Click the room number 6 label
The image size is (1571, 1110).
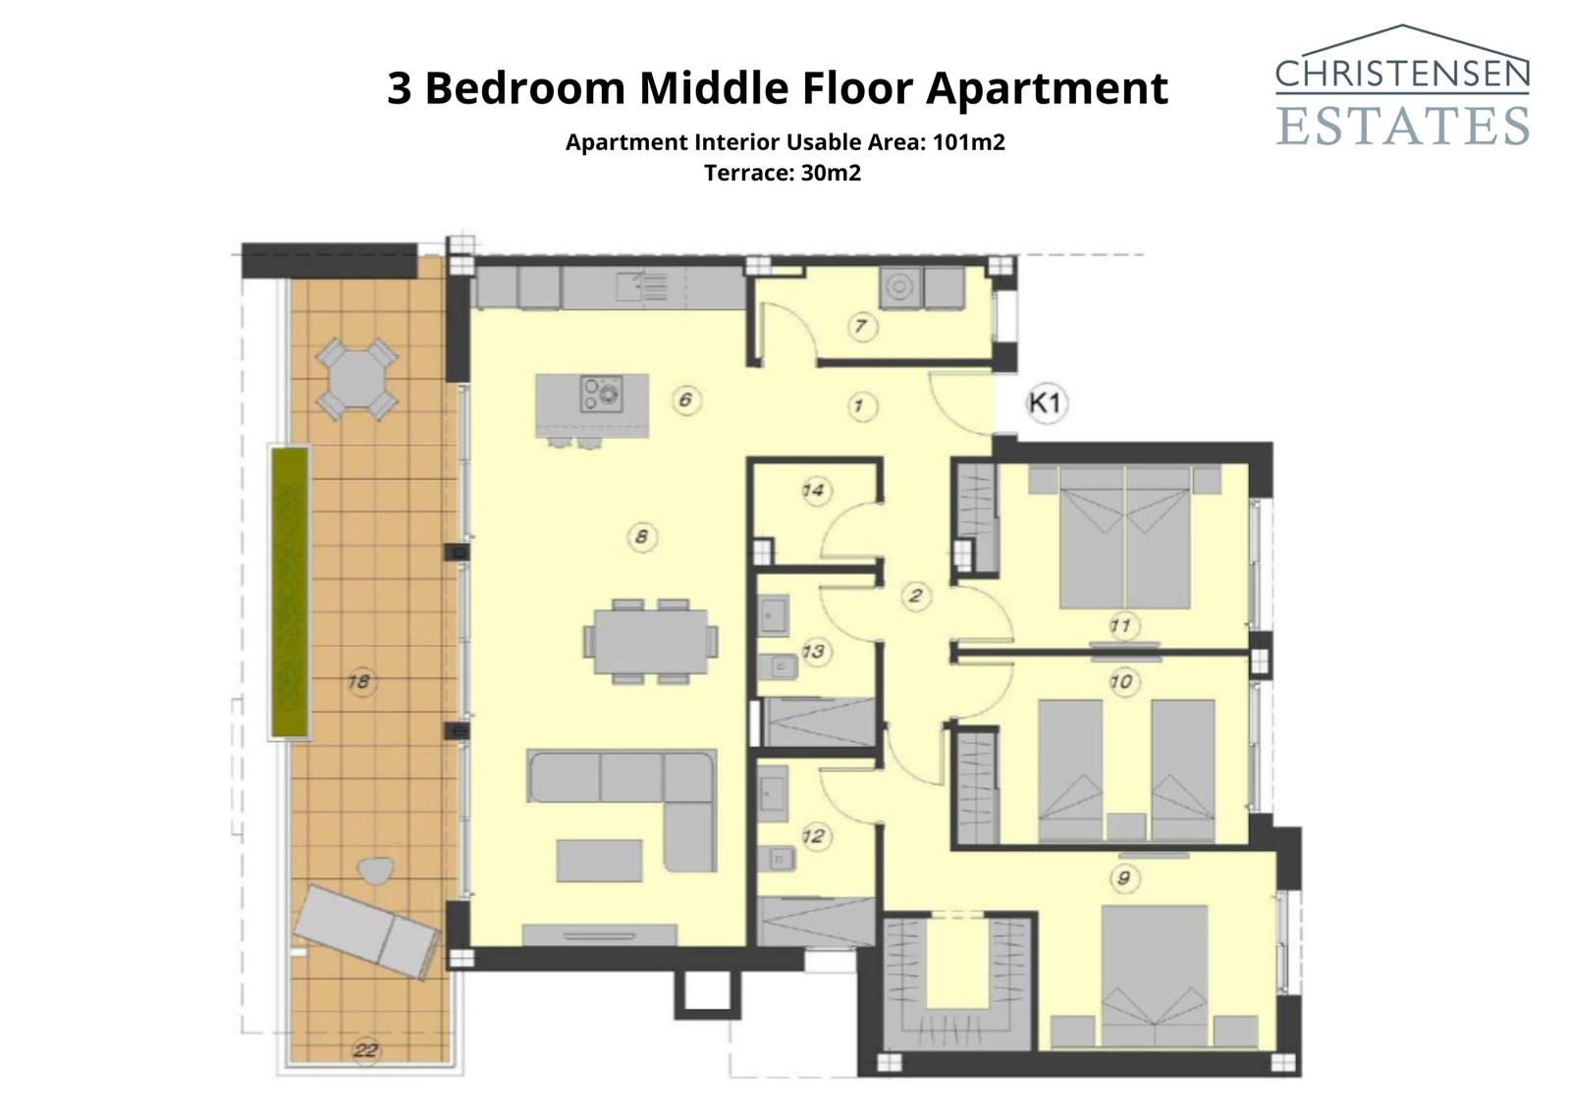pyautogui.click(x=685, y=399)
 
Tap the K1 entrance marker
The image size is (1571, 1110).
pyautogui.click(x=1046, y=402)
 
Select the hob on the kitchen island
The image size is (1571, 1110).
pyautogui.click(x=601, y=393)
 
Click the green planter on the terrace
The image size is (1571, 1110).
pyautogui.click(x=290, y=592)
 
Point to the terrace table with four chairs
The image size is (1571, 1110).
pyautogui.click(x=356, y=379)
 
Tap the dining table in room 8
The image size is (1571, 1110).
pyautogui.click(x=650, y=641)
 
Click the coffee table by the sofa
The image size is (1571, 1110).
pyautogui.click(x=599, y=861)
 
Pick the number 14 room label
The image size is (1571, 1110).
pyautogui.click(x=814, y=490)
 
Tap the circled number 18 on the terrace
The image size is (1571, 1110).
pyautogui.click(x=360, y=681)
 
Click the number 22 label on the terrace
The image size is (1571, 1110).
pyautogui.click(x=365, y=1050)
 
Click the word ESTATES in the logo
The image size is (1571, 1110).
pyautogui.click(x=1402, y=125)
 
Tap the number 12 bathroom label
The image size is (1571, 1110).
pyautogui.click(x=814, y=836)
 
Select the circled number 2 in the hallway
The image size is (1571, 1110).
pyautogui.click(x=916, y=595)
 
